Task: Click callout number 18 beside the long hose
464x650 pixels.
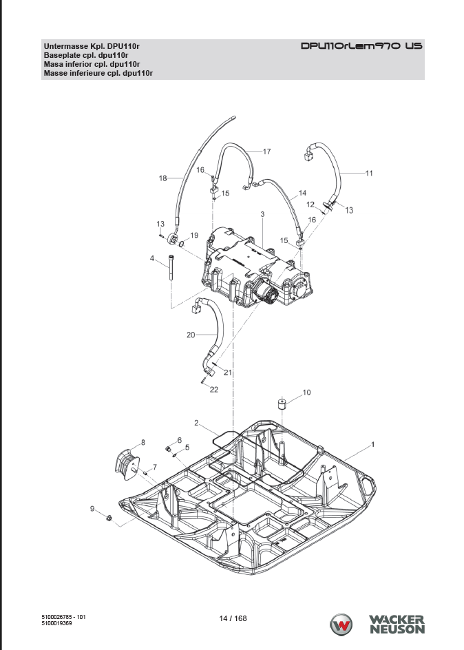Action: pyautogui.click(x=163, y=178)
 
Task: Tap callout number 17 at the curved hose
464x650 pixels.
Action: pyautogui.click(x=267, y=151)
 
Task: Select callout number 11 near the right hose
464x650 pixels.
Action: pyautogui.click(x=369, y=174)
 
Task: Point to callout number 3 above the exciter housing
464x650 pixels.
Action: pyautogui.click(x=262, y=214)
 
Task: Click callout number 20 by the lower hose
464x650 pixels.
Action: pyautogui.click(x=191, y=335)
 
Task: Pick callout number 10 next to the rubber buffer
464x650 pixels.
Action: pyautogui.click(x=306, y=392)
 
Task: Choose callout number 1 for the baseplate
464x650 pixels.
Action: pyautogui.click(x=373, y=444)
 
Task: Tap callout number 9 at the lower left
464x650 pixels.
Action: pyautogui.click(x=92, y=509)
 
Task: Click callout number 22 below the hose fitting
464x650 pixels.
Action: pyautogui.click(x=214, y=390)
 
